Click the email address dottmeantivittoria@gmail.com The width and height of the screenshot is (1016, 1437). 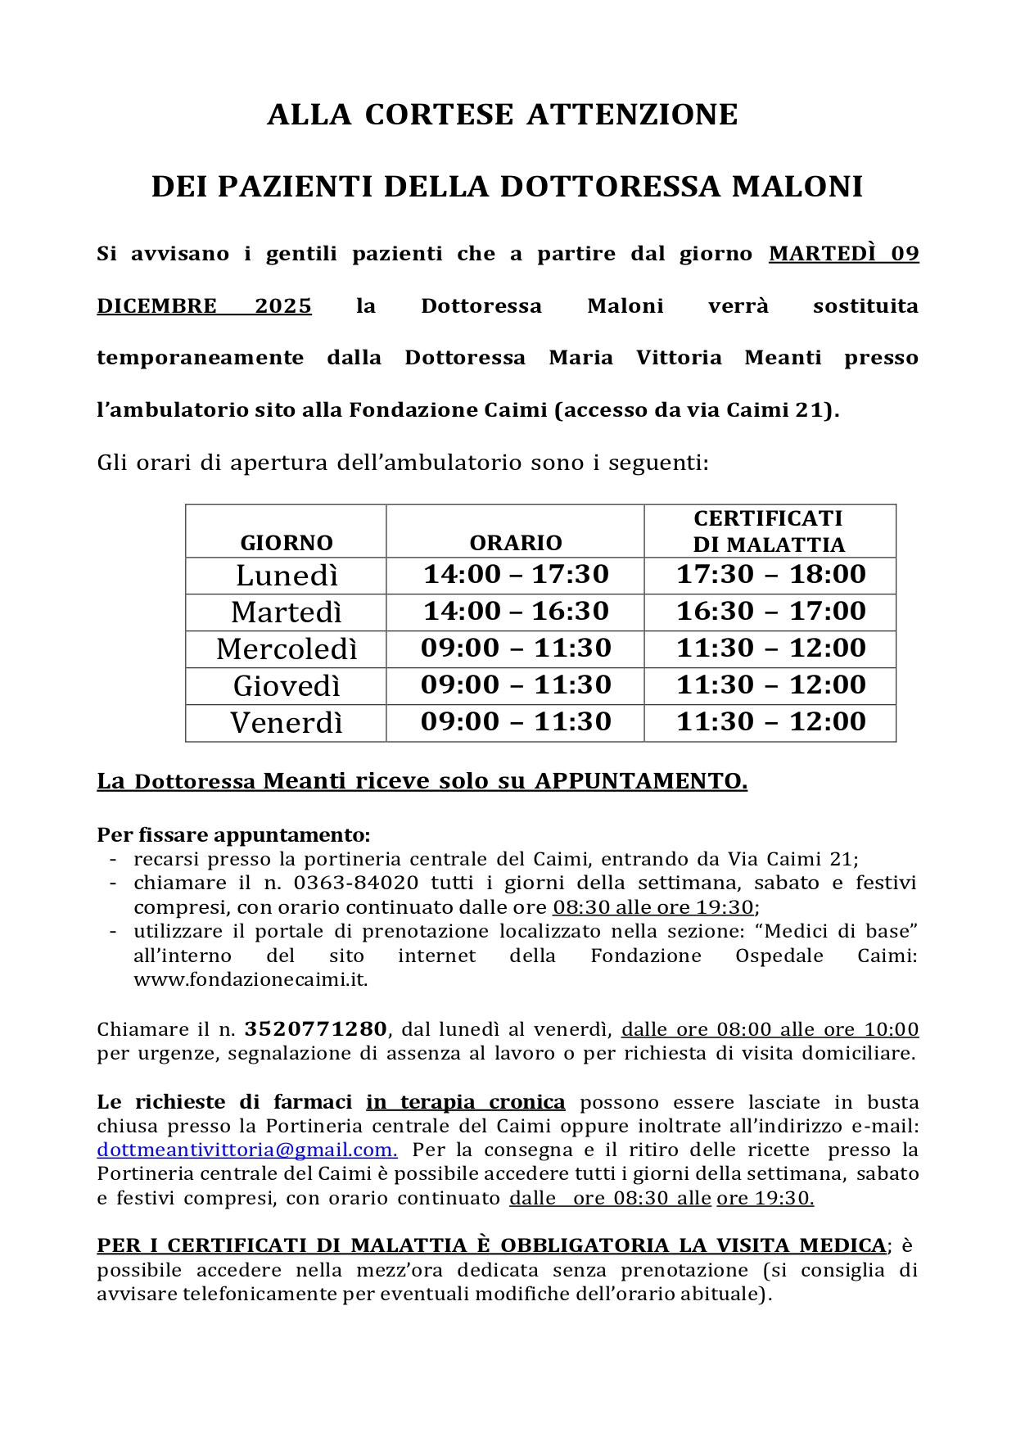click(x=246, y=1150)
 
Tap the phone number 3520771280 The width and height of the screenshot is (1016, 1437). click(x=315, y=1029)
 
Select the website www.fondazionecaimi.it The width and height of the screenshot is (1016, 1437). click(x=251, y=980)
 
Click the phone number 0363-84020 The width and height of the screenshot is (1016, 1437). click(x=356, y=883)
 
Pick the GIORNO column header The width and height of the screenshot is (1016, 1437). click(x=287, y=543)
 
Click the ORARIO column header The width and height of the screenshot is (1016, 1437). click(x=516, y=543)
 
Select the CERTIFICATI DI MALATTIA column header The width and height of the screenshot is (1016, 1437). click(x=769, y=531)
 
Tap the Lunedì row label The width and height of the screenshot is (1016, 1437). click(x=287, y=576)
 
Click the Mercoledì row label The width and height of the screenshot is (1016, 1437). click(x=287, y=649)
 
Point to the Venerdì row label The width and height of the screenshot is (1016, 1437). click(x=287, y=723)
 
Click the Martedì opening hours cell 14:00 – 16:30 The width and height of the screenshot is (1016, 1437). click(x=516, y=612)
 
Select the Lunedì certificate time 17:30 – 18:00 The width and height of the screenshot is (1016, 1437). click(x=770, y=575)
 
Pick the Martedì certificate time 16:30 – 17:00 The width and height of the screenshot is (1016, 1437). click(x=770, y=612)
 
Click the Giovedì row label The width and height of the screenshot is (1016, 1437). click(x=287, y=686)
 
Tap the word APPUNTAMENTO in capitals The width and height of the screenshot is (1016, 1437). click(x=640, y=781)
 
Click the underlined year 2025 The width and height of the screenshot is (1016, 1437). click(x=282, y=306)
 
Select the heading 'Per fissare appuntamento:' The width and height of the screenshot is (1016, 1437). click(x=233, y=835)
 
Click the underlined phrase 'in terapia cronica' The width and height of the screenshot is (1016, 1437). click(x=465, y=1102)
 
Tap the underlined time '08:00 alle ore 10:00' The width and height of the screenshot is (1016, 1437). click(x=817, y=1029)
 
